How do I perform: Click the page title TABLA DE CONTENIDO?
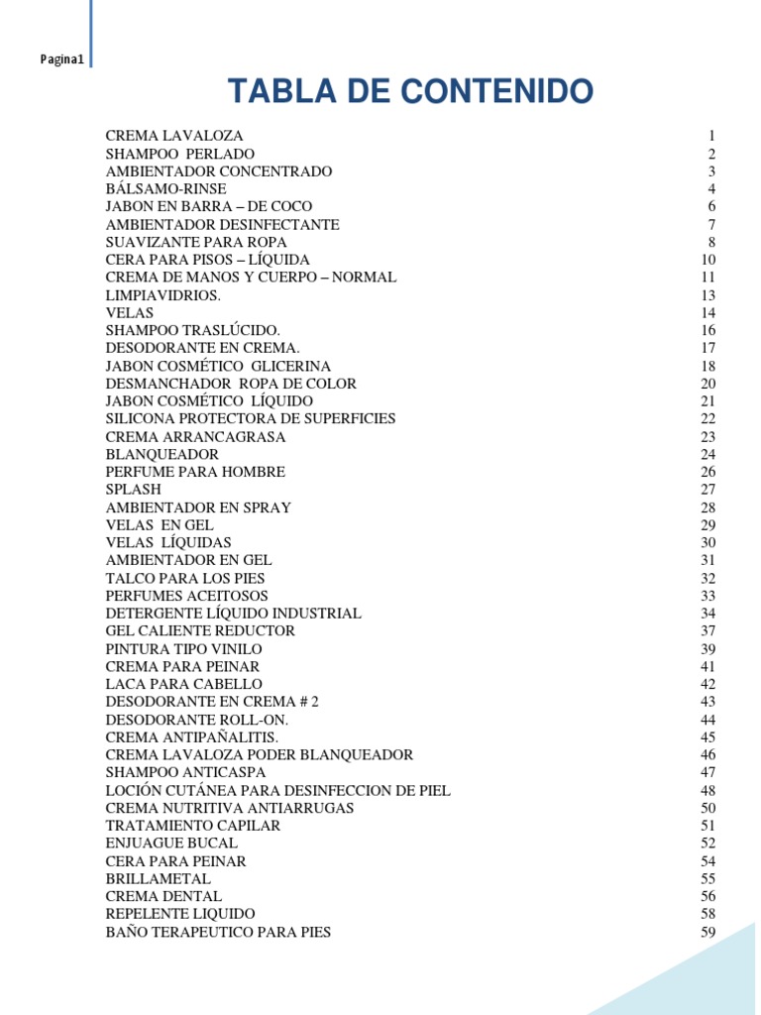410,91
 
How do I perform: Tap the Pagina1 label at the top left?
61,60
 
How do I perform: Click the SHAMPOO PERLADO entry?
180,154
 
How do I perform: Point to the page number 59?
707,933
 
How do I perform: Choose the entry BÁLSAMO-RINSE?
165,188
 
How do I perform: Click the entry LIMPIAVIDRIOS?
163,295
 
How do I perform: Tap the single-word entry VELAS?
130,313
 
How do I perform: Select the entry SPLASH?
134,490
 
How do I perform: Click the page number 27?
707,490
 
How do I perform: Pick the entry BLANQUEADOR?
163,454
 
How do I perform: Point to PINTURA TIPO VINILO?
184,649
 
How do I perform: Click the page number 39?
707,649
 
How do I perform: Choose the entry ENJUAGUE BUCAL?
171,844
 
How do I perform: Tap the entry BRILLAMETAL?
159,879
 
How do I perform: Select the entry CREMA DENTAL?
163,897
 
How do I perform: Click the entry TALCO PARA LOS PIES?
185,578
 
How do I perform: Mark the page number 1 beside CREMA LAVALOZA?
711,136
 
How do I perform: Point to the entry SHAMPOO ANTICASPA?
185,772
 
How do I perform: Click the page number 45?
707,737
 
